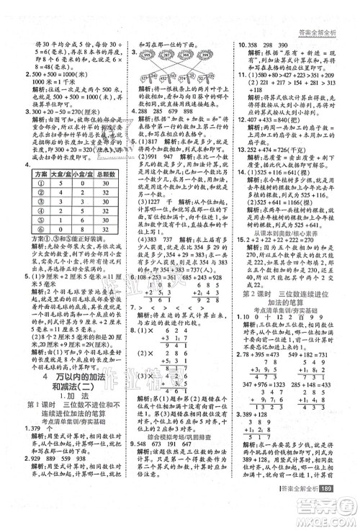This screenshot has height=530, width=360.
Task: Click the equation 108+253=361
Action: (x=153, y=237)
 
